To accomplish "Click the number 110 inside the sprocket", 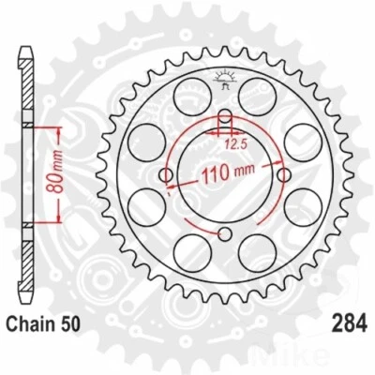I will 217,174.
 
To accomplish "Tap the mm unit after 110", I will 243,174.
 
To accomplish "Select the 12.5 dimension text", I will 238,143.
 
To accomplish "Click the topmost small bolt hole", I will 224,118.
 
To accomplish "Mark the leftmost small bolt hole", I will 167,174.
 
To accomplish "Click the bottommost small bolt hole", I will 224,232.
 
